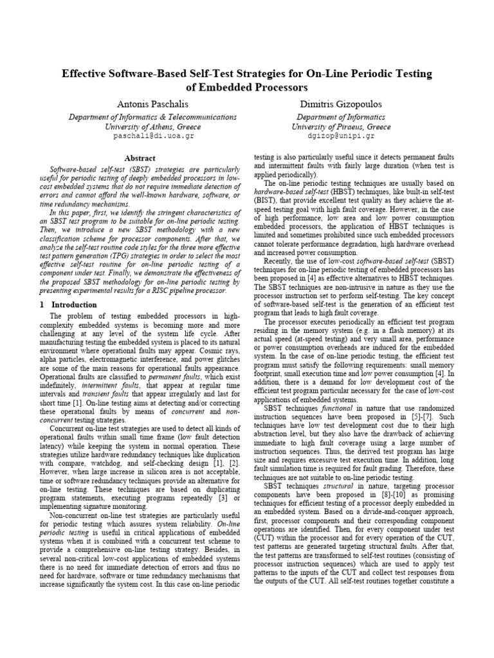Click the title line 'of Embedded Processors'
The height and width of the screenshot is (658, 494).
247,87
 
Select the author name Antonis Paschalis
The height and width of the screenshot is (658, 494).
149,104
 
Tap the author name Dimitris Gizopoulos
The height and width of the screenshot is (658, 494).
340,104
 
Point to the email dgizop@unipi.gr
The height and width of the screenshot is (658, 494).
340,136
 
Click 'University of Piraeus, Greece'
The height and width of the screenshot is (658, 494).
340,127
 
